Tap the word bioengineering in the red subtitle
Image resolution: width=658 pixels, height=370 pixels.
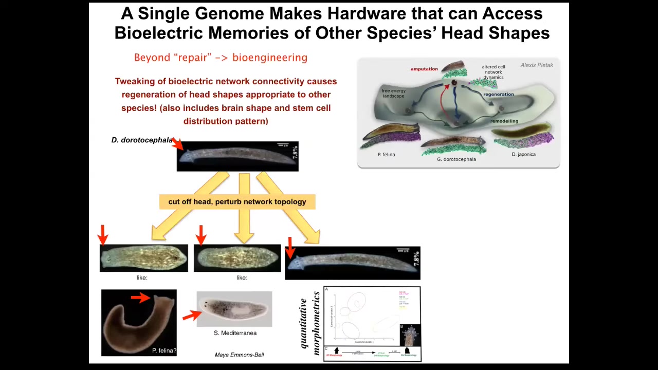(x=270, y=58)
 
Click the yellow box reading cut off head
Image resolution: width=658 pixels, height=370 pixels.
(x=237, y=201)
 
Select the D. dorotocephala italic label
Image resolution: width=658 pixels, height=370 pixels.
(x=142, y=140)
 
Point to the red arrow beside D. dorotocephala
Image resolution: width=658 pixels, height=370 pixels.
(x=177, y=144)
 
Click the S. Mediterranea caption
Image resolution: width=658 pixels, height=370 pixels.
(x=235, y=333)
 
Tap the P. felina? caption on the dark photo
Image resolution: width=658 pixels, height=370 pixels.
(x=164, y=350)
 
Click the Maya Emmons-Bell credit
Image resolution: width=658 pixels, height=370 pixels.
(x=239, y=355)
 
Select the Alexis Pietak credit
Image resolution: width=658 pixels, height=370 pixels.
(x=537, y=65)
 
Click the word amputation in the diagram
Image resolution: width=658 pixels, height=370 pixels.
(x=424, y=69)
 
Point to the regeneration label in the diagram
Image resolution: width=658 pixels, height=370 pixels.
(x=498, y=94)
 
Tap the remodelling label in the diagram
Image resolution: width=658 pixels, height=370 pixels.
(x=504, y=121)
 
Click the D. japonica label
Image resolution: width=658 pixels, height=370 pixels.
(x=523, y=154)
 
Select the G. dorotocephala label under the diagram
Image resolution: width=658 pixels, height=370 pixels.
(x=456, y=159)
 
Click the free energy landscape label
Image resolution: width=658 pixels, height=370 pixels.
(x=393, y=94)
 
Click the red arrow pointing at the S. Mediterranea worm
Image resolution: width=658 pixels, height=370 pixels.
(x=192, y=315)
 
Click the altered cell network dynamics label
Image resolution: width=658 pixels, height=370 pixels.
(x=493, y=72)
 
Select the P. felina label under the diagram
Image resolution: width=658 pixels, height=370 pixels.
(x=386, y=154)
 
